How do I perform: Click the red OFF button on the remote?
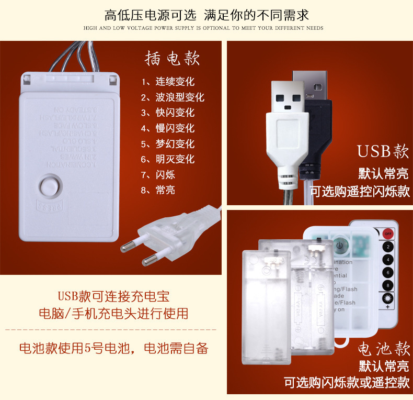coord(388,234)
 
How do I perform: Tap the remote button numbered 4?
coord(388,259)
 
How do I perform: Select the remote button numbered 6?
coord(388,272)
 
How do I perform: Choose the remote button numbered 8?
coord(388,285)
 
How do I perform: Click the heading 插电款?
coord(172,59)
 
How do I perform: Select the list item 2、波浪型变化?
coord(173,97)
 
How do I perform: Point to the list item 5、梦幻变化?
coord(167,144)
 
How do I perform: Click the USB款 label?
coord(383,152)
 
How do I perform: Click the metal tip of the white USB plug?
coord(289,97)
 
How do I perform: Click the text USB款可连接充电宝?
coord(113,296)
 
